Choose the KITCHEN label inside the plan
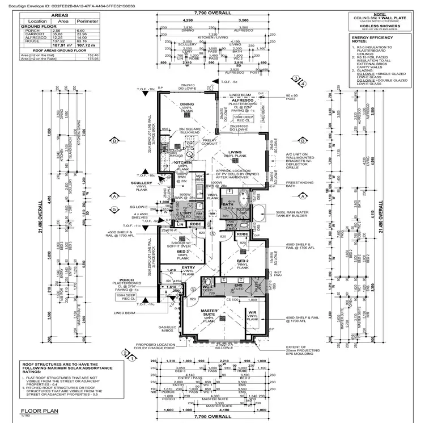(x=184, y=162)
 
